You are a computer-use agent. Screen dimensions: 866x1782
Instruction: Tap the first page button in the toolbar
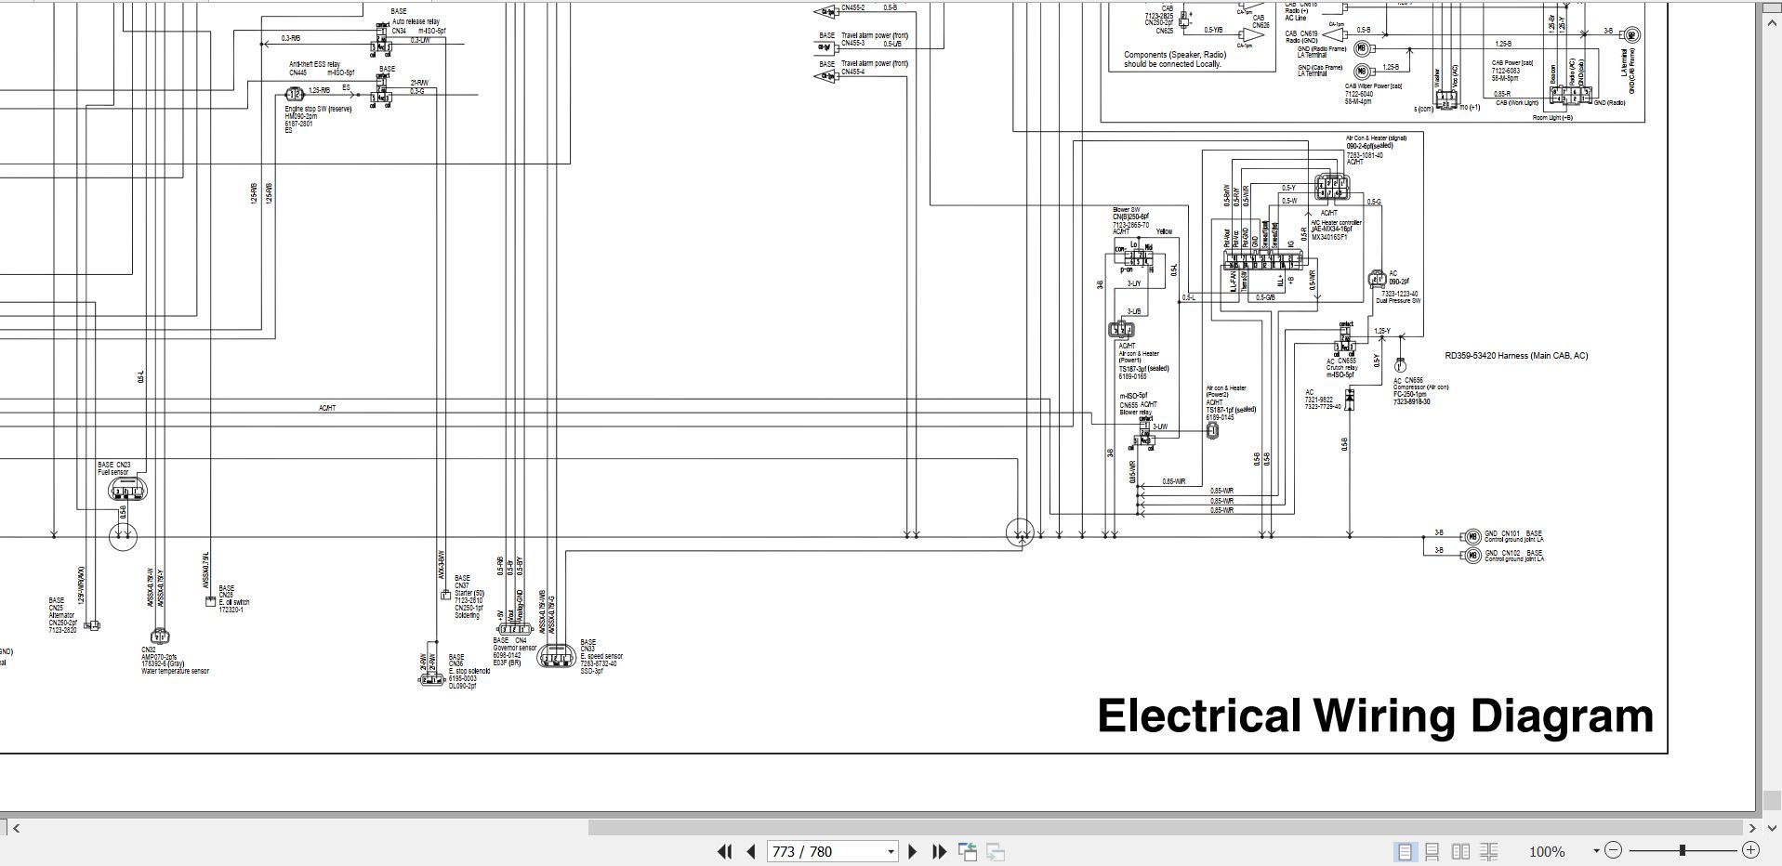[724, 851]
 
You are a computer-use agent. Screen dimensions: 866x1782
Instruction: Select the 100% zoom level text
[1547, 851]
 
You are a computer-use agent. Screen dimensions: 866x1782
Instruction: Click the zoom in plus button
[1750, 849]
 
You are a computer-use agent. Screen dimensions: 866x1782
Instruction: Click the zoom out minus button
[1613, 849]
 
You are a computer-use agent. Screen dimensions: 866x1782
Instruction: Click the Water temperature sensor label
[175, 671]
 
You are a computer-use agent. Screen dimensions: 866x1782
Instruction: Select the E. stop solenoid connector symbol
[431, 679]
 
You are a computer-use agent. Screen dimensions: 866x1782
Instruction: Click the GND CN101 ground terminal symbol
[1471, 536]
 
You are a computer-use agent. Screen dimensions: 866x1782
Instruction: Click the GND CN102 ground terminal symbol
[1471, 555]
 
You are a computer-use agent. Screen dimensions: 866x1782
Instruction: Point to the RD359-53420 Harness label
[1516, 356]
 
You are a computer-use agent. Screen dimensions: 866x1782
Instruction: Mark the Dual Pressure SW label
[1397, 301]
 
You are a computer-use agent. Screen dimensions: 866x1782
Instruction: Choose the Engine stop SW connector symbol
[294, 94]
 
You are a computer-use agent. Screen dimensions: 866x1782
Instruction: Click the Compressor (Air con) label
[1420, 387]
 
